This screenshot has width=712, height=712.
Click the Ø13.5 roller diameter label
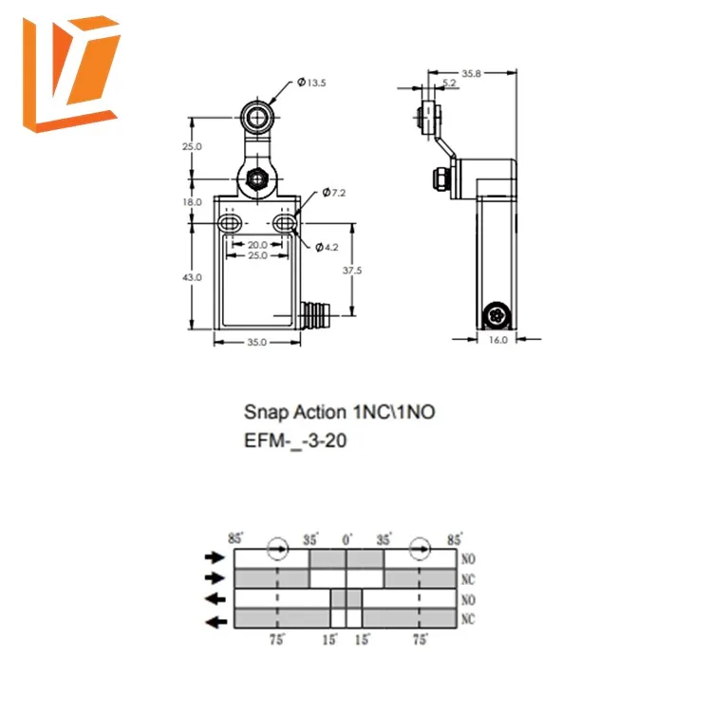[x=312, y=84]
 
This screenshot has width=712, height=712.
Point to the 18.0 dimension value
[x=193, y=202]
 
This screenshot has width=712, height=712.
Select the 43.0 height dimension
[x=193, y=277]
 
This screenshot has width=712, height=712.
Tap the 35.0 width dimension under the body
[x=256, y=342]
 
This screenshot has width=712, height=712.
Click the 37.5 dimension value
[x=352, y=271]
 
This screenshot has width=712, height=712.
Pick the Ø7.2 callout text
[x=334, y=193]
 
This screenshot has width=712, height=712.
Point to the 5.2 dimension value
[x=449, y=84]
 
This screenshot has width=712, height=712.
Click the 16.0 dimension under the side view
[x=498, y=339]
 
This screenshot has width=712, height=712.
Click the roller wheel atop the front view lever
[x=255, y=119]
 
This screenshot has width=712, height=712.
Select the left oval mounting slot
[x=229, y=224]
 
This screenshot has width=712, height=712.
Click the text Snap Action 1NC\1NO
[x=341, y=412]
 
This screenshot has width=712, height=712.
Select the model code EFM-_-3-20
[x=295, y=440]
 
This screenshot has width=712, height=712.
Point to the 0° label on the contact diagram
[x=348, y=539]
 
